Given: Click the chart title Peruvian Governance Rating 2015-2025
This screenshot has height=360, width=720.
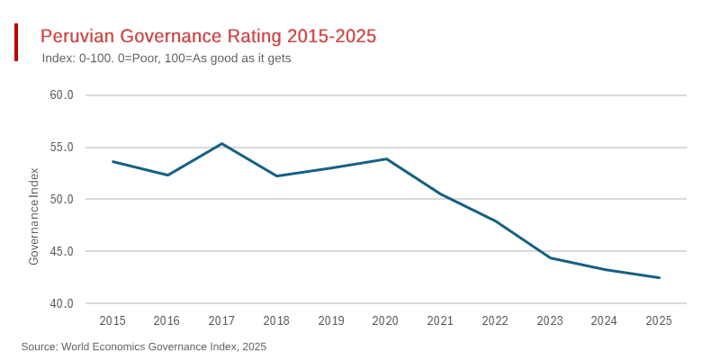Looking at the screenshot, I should pyautogui.click(x=208, y=36).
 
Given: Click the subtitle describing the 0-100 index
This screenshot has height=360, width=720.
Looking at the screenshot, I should pyautogui.click(x=166, y=58).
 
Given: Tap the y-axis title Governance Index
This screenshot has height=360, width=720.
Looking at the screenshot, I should pyautogui.click(x=34, y=216).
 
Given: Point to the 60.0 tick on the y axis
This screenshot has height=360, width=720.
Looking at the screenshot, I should pyautogui.click(x=61, y=95).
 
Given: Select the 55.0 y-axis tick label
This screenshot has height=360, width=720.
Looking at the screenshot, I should pyautogui.click(x=61, y=148).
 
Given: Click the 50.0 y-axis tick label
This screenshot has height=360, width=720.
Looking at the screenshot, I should pyautogui.click(x=61, y=199).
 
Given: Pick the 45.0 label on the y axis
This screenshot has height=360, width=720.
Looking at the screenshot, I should pyautogui.click(x=61, y=251).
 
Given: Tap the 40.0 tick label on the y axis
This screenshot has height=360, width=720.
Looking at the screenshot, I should pyautogui.click(x=61, y=303).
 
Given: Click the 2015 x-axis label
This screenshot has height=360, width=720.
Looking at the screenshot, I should pyautogui.click(x=112, y=320).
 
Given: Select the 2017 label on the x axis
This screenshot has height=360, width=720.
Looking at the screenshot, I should pyautogui.click(x=221, y=320).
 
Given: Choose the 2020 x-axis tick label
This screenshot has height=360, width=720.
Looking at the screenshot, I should pyautogui.click(x=385, y=320).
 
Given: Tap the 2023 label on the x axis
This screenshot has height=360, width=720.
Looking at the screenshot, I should pyautogui.click(x=550, y=320).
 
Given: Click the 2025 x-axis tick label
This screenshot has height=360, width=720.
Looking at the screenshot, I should pyautogui.click(x=659, y=320).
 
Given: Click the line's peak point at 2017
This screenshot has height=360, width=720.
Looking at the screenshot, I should pyautogui.click(x=221, y=144).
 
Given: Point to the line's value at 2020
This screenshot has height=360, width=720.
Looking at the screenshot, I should pyautogui.click(x=386, y=159).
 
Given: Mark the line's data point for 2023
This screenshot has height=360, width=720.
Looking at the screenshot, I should pyautogui.click(x=550, y=258).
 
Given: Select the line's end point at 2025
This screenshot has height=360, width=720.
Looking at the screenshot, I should pyautogui.click(x=659, y=277).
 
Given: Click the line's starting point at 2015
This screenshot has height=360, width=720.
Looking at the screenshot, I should pyautogui.click(x=112, y=161).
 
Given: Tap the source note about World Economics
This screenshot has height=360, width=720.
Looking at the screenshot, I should pyautogui.click(x=144, y=346).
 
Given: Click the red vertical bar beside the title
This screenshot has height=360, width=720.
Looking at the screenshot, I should pyautogui.click(x=16, y=42).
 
